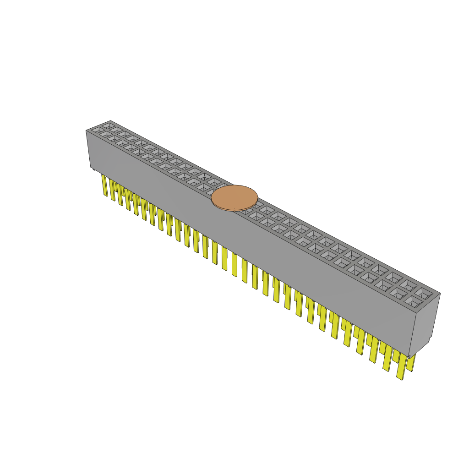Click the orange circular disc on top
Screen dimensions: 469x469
tap(234, 197)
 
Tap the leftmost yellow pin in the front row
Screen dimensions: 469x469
tap(104, 185)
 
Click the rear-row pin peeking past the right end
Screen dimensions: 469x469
tap(411, 362)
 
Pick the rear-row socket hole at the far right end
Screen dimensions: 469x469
tap(423, 292)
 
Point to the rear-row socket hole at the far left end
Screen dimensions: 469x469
tap(109, 125)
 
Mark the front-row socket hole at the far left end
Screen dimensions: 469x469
tap(98, 130)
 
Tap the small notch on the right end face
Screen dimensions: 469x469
tap(430, 339)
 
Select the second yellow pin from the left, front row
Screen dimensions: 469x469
tap(112, 190)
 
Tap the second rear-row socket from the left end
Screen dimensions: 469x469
tap(116, 130)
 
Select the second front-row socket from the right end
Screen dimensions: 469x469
tap(398, 294)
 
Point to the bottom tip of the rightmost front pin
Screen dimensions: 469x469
tap(400, 378)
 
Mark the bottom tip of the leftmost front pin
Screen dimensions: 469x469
tap(106, 195)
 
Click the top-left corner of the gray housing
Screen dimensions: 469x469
tap(87, 131)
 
